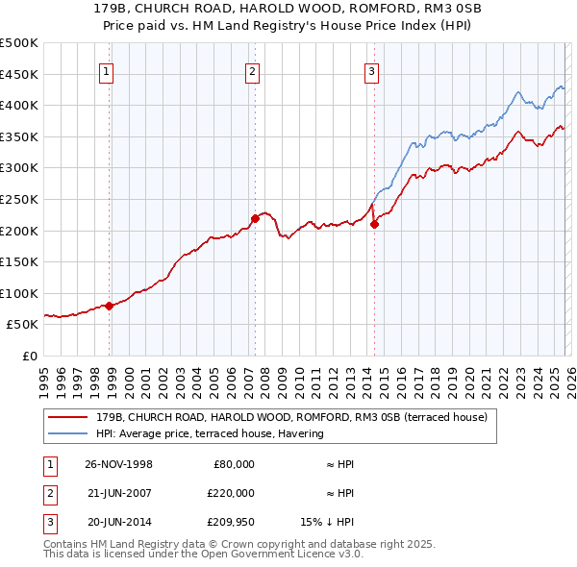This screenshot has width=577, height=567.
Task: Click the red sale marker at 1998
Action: [110, 306]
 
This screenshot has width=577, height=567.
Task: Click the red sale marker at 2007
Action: [255, 218]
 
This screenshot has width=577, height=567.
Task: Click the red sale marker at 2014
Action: [373, 225]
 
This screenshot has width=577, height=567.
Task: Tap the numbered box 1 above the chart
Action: [106, 70]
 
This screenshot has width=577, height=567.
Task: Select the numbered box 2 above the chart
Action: [252, 70]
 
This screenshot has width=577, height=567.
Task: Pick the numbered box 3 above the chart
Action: [371, 70]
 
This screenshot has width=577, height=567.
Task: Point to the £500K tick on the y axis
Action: [19, 43]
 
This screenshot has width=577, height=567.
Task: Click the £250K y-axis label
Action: [19, 199]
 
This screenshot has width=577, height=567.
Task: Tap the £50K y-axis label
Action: [23, 324]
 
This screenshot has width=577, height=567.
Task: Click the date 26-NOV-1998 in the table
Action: [118, 464]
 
